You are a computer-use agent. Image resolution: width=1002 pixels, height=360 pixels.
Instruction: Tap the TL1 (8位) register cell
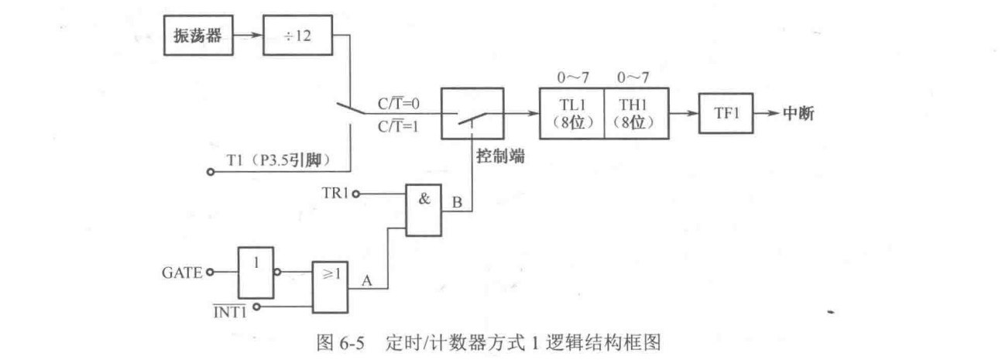[x=571, y=113]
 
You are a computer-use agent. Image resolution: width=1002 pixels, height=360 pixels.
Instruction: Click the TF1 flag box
[x=722, y=113]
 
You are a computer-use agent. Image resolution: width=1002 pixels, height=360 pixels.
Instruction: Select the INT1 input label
[x=229, y=307]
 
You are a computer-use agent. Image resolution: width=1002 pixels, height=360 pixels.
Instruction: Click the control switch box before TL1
[x=472, y=113]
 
